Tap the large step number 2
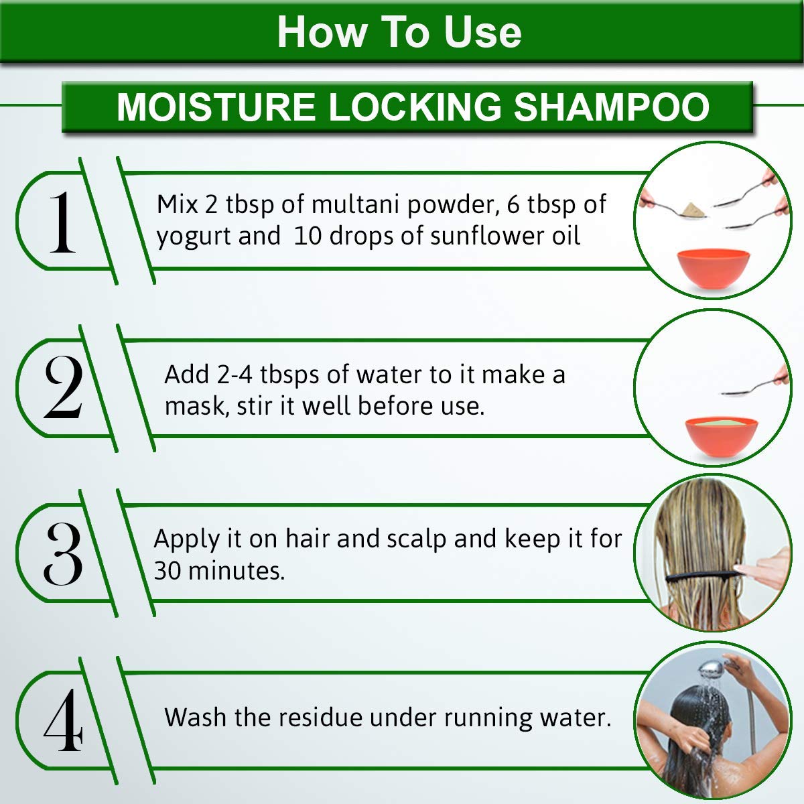[x=63, y=387]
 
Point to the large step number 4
[x=64, y=720]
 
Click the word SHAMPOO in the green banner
[x=612, y=107]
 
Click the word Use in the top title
[x=482, y=33]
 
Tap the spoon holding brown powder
[x=676, y=209]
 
